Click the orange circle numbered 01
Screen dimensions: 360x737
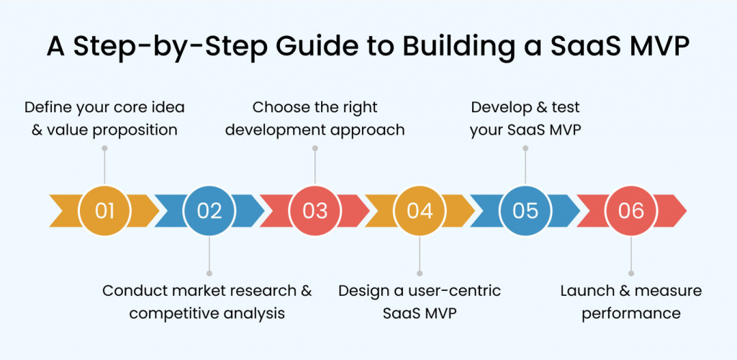(x=105, y=210)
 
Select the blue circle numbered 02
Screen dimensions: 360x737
(x=209, y=210)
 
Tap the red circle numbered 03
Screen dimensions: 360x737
(x=315, y=210)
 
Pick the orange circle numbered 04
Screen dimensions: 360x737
(x=420, y=210)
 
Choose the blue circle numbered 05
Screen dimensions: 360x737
(x=525, y=210)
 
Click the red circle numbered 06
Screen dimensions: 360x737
(x=630, y=210)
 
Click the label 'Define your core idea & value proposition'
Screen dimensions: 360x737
(x=104, y=119)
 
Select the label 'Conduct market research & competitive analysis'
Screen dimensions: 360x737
(x=207, y=302)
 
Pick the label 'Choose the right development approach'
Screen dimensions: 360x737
(x=315, y=119)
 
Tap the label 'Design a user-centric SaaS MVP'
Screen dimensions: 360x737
(x=420, y=302)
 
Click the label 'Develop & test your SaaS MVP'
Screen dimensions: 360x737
(x=525, y=119)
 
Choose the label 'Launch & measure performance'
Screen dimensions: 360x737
(x=630, y=302)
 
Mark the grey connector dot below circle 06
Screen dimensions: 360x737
(x=631, y=274)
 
